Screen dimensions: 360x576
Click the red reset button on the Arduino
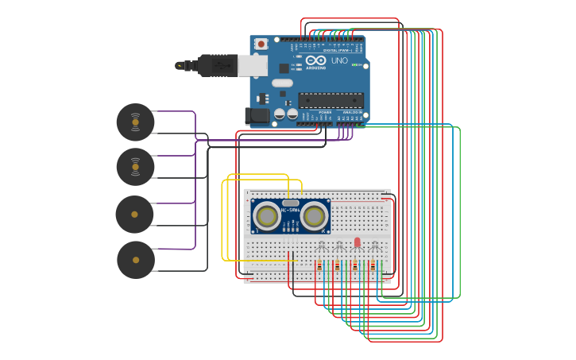[261, 44]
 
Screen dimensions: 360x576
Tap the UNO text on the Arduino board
[339, 60]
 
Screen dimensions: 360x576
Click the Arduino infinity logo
[315, 60]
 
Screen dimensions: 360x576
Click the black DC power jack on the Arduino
[257, 116]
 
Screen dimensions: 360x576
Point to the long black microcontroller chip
[331, 100]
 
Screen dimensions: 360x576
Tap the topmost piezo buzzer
[135, 122]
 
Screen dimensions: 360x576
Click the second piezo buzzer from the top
[135, 167]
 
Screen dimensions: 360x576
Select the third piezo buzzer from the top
[134, 215]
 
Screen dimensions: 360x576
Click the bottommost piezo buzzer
[136, 260]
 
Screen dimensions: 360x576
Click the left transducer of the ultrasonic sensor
[267, 215]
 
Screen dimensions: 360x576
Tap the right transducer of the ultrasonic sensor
[314, 215]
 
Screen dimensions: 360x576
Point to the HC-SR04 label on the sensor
[290, 210]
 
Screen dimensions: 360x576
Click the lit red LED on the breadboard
[357, 242]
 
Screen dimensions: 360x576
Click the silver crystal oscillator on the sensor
[290, 203]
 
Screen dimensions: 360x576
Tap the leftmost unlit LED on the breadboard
[321, 245]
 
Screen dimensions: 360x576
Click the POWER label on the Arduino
[325, 113]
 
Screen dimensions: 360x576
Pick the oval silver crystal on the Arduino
[282, 83]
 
